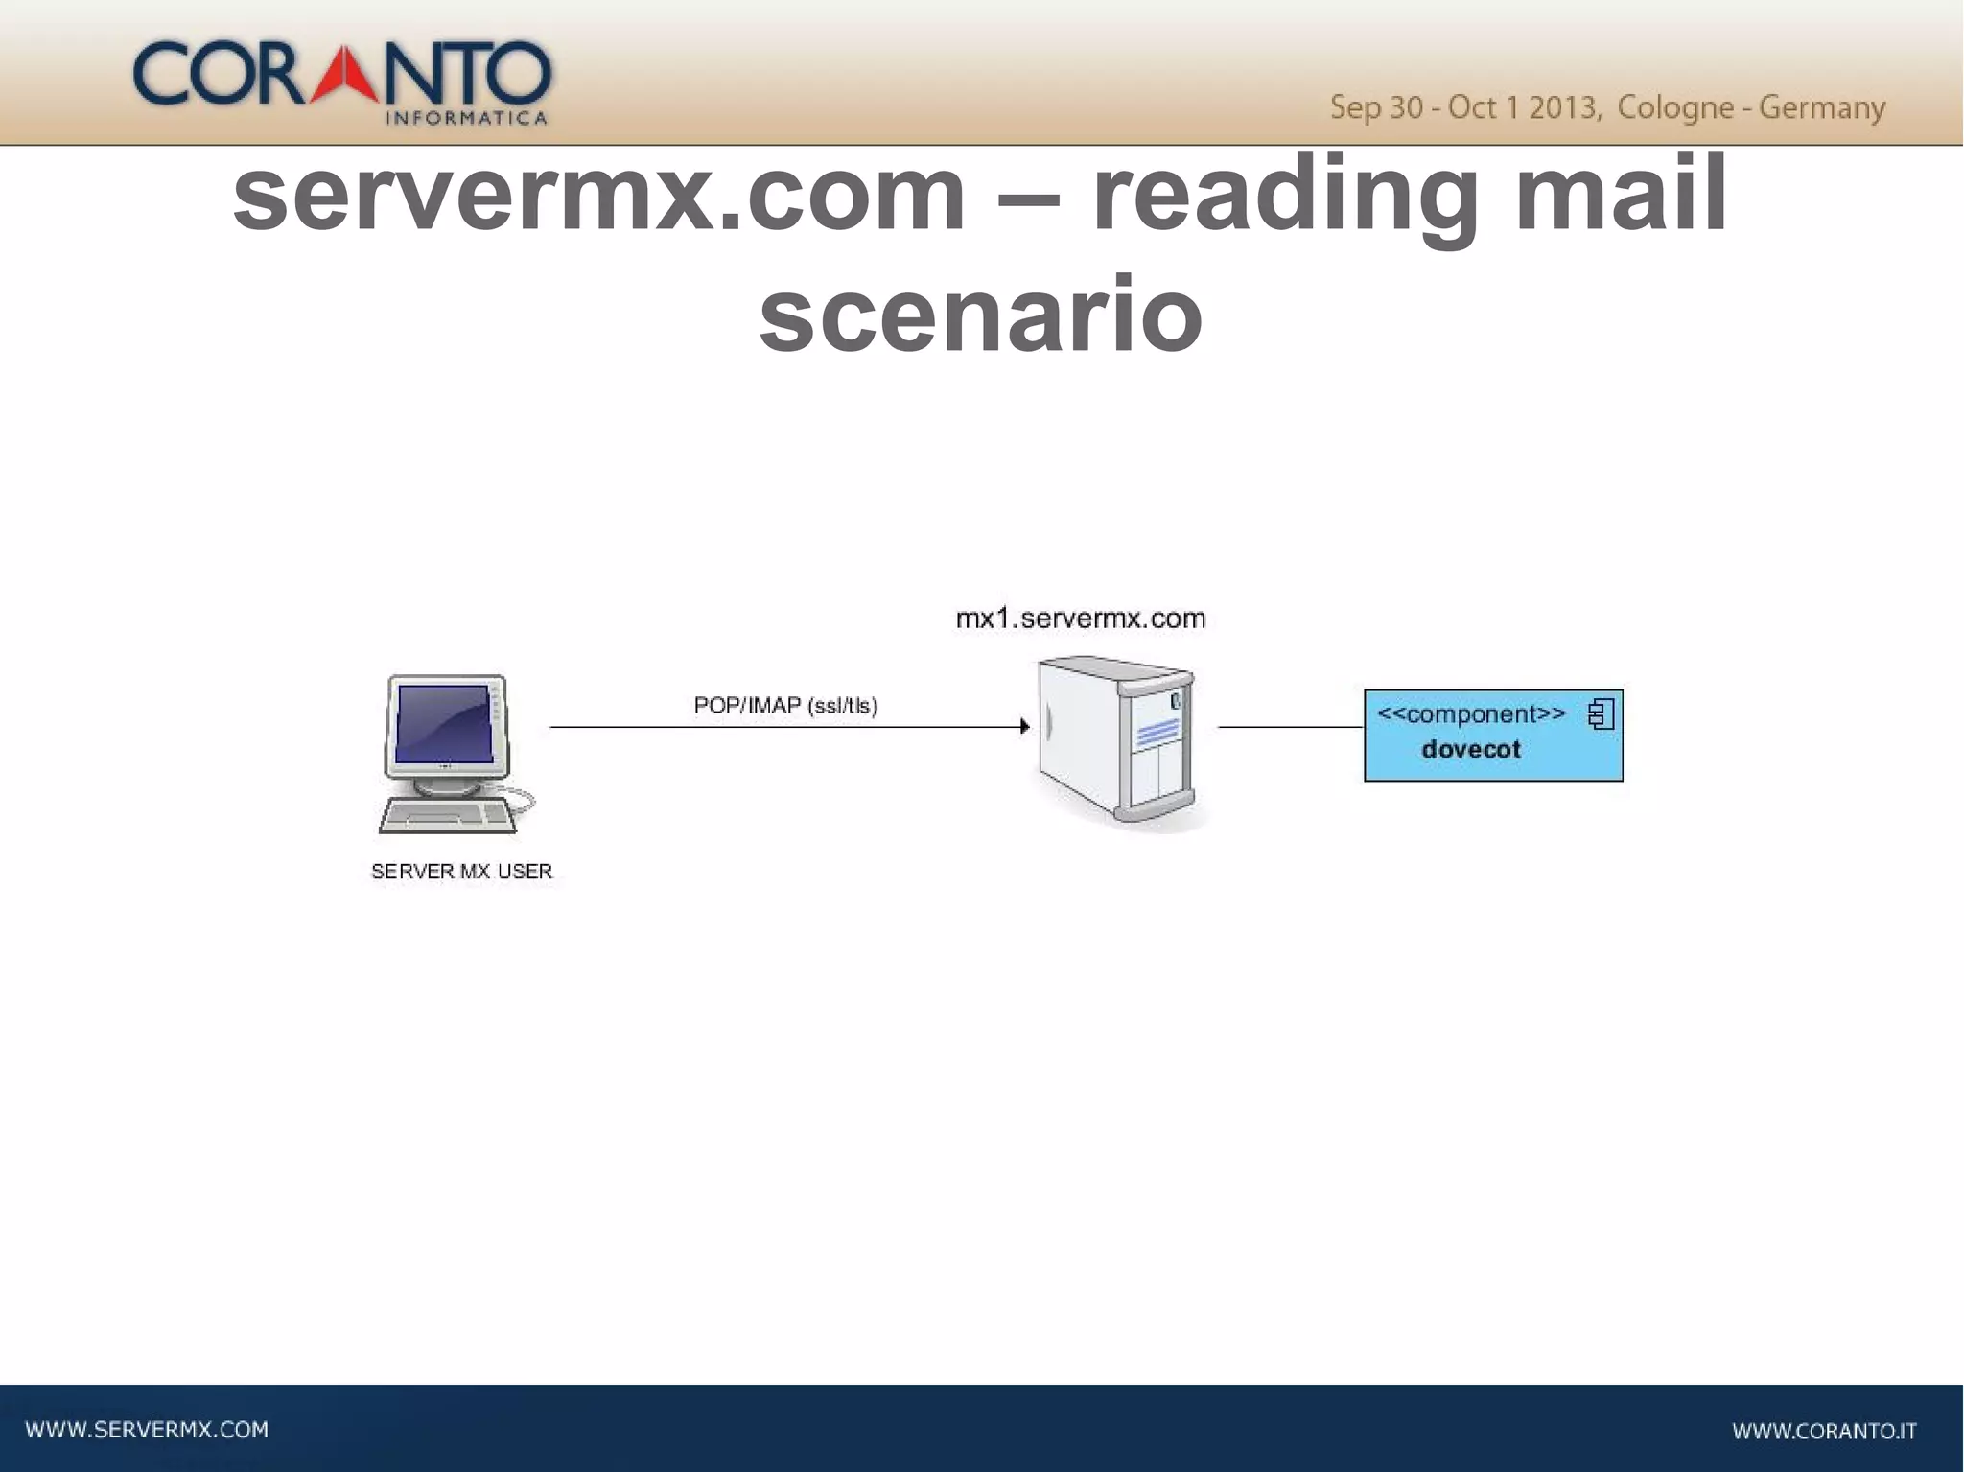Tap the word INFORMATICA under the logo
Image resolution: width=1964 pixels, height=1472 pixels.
(466, 119)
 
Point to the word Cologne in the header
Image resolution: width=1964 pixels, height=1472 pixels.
(1674, 107)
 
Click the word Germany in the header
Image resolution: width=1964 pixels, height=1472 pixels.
(1822, 107)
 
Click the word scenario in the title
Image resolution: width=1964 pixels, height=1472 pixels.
(980, 315)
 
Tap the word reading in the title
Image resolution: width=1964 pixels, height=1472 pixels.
(1285, 196)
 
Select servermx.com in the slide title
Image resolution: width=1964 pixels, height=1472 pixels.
(599, 196)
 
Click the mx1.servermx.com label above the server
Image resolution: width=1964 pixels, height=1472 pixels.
(1081, 619)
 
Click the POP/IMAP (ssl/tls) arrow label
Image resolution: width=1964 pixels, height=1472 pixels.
(785, 706)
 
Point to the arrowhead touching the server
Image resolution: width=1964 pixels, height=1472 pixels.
(1024, 727)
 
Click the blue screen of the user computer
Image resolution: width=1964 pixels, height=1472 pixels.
(444, 725)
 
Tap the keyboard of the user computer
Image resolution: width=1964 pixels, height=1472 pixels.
(447, 817)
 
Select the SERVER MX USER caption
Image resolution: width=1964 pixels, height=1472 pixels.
(461, 872)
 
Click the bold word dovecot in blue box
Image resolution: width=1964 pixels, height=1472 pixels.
(1471, 750)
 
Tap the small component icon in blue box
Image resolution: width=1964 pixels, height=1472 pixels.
(1601, 714)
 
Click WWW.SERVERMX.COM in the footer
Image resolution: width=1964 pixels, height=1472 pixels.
(147, 1430)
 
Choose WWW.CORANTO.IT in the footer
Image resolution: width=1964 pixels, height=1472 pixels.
(1824, 1432)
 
